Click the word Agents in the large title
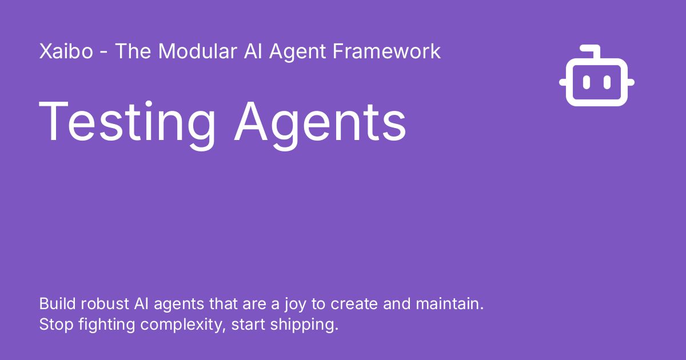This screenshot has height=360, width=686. pyautogui.click(x=320, y=122)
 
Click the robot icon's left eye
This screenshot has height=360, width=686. pyautogui.click(x=587, y=83)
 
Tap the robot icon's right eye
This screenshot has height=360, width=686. pyautogui.click(x=607, y=83)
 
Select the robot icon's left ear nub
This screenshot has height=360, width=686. pyautogui.click(x=563, y=83)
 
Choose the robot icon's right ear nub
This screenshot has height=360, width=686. pyautogui.click(x=631, y=83)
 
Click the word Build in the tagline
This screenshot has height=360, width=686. pyautogui.click(x=54, y=303)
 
